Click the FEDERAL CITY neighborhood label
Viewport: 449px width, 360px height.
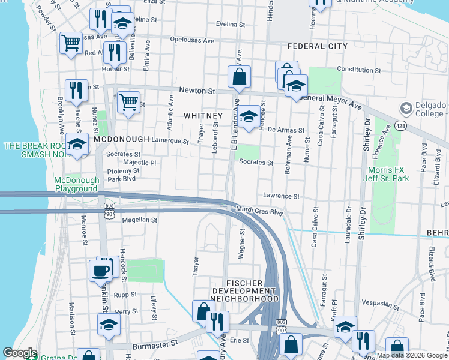[318, 46]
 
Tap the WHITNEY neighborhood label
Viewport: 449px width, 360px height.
[203, 115]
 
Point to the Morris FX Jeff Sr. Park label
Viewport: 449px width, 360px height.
[388, 174]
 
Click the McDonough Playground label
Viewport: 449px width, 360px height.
[76, 184]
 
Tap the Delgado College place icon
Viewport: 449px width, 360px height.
[406, 108]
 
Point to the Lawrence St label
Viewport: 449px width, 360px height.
[281, 196]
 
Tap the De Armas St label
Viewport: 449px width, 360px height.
[286, 130]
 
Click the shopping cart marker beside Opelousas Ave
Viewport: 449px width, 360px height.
[71, 43]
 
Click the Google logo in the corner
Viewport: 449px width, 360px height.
[20, 353]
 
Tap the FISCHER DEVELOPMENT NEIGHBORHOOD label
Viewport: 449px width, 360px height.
[252, 290]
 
